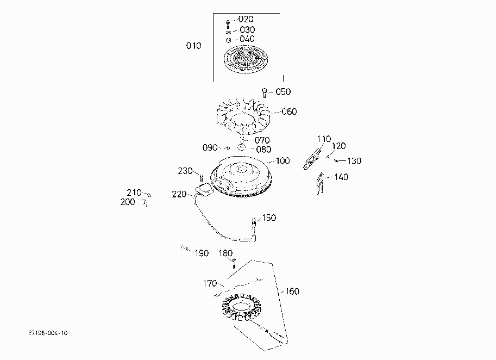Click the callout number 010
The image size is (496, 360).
[193, 46]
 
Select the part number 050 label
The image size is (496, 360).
[283, 92]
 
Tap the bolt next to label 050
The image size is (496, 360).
[265, 93]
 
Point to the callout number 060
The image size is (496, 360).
[289, 111]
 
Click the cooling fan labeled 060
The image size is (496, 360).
[243, 116]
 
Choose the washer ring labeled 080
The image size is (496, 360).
[242, 147]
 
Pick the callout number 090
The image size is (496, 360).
[210, 148]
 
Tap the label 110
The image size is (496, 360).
[324, 139]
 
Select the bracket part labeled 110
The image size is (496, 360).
[312, 159]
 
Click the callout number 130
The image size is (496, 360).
[354, 161]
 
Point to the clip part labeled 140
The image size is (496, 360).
[321, 183]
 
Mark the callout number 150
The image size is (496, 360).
[269, 218]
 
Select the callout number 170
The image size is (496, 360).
[210, 283]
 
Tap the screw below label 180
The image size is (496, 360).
[234, 263]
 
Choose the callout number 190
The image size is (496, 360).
[202, 253]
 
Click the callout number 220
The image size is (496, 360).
[179, 194]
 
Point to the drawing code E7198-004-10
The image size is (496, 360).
[48, 333]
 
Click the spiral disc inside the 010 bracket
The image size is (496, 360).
[246, 59]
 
